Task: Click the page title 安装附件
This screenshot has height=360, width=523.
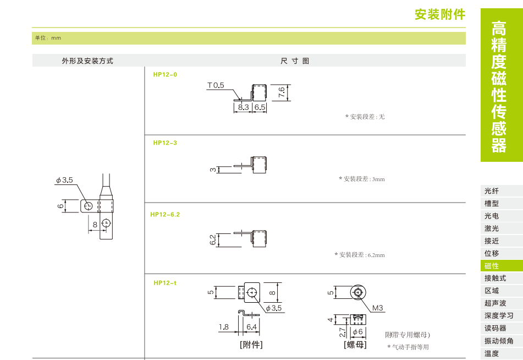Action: click(439, 14)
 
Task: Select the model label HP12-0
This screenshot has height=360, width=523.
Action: click(165, 74)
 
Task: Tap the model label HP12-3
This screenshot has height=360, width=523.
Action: click(165, 143)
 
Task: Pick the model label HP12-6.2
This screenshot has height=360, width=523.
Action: click(165, 214)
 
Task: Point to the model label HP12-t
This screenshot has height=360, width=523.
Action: click(165, 282)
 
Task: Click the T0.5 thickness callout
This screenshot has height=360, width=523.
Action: click(216, 85)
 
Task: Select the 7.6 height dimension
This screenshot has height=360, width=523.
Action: click(282, 92)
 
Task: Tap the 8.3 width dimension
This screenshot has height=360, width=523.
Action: click(244, 107)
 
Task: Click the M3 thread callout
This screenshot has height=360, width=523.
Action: click(377, 308)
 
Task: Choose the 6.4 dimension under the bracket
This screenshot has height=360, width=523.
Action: click(251, 327)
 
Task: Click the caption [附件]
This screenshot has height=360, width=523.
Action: click(251, 345)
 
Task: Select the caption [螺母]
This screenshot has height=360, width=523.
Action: click(355, 345)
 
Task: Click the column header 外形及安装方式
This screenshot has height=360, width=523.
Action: click(87, 61)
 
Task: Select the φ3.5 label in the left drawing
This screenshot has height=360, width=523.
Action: click(64, 180)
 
